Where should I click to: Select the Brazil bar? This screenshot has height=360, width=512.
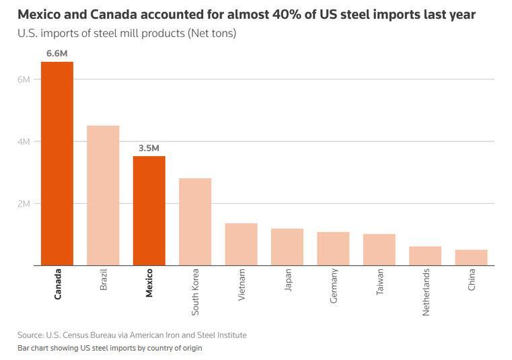pos(103,195)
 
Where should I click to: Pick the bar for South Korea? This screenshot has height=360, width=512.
pos(195,221)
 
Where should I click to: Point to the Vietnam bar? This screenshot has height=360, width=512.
pos(241,244)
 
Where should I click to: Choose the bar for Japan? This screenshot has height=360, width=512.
pos(287,247)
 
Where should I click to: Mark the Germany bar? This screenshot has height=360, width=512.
pos(333,248)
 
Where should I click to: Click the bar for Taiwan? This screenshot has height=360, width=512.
pos(379,250)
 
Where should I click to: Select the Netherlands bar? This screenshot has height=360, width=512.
pos(425,256)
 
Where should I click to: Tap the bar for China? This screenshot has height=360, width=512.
pos(471,258)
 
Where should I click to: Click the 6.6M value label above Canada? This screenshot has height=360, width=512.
pos(57,53)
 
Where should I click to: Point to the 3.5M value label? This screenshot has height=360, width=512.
pos(149,148)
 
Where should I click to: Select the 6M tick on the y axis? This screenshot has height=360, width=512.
pos(24,79)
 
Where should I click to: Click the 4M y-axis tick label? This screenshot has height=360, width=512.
pos(24,141)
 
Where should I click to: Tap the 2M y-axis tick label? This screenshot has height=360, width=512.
pos(24,203)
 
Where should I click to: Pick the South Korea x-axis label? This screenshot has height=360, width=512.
pos(195,292)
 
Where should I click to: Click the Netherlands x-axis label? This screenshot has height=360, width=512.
pos(425,292)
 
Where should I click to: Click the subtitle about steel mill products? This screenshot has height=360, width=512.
pos(127,33)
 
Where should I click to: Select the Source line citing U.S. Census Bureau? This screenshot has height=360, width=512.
pos(132,334)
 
